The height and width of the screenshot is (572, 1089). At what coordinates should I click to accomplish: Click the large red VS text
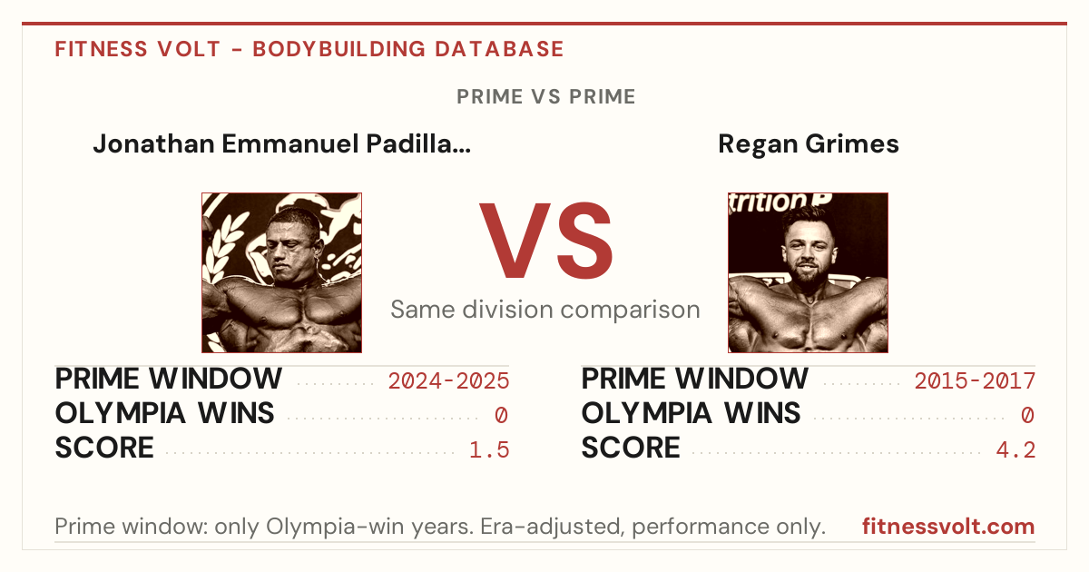(545, 241)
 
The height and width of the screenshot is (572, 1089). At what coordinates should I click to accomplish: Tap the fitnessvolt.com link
(948, 527)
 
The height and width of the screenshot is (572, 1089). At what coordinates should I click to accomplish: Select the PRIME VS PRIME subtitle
(546, 96)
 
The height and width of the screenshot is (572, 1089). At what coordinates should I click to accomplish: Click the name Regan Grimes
(808, 144)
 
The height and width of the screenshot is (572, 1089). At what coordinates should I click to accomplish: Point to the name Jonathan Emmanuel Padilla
(282, 144)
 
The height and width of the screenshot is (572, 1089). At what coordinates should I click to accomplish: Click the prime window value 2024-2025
(448, 380)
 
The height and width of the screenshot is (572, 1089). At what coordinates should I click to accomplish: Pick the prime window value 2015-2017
(975, 380)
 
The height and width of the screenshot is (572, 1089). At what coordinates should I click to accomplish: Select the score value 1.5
(489, 450)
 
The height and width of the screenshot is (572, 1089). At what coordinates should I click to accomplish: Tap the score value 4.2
(1015, 450)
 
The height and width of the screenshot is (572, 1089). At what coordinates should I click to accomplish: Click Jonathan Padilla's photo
(282, 273)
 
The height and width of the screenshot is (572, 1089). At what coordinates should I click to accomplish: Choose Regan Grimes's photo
(808, 273)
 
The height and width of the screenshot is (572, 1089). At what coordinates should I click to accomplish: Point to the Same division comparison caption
(545, 310)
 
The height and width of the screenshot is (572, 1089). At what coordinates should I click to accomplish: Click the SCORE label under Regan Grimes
(631, 448)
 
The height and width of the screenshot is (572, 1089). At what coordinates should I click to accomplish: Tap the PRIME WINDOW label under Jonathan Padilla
(168, 379)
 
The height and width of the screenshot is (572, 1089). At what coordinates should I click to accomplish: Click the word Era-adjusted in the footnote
(553, 527)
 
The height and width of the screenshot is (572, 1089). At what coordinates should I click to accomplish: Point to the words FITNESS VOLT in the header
(138, 49)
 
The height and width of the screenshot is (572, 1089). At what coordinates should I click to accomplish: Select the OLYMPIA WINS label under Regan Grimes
(691, 413)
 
